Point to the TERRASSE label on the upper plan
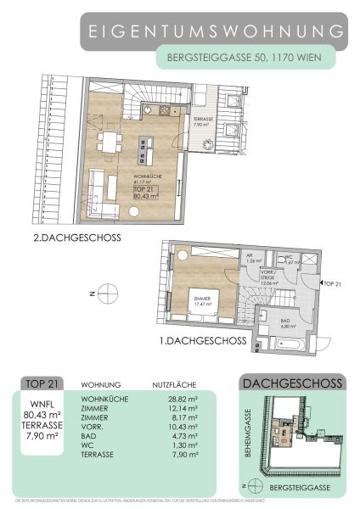(x=201, y=122)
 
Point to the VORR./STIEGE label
(x=268, y=278)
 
